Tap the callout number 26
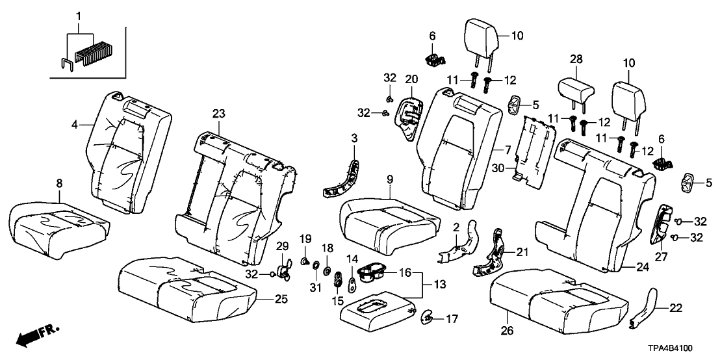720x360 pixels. [x=507, y=331]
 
